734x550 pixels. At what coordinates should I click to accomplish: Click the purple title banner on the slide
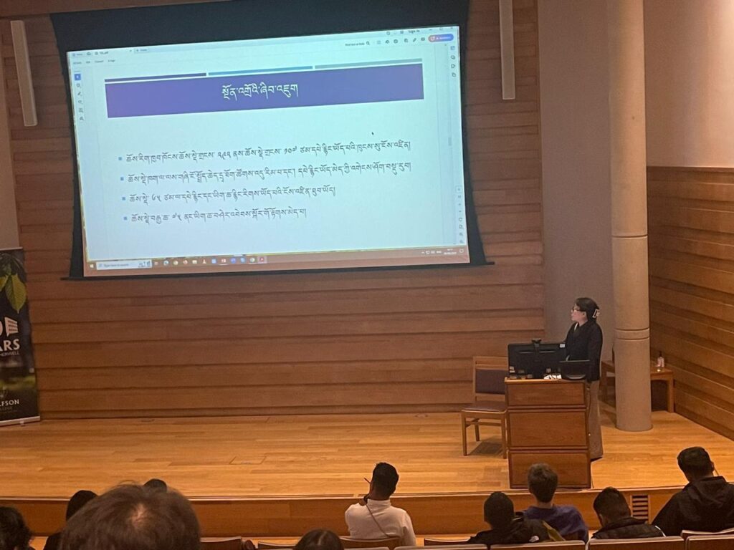264,91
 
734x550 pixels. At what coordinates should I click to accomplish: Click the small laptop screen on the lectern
573,369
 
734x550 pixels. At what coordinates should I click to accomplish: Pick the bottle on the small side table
660,360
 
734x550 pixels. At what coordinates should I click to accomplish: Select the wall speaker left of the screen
24,72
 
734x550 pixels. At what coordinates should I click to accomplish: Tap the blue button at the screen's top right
440,38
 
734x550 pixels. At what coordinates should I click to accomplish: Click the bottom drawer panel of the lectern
549,468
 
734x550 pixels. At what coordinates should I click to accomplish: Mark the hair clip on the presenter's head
595,312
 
